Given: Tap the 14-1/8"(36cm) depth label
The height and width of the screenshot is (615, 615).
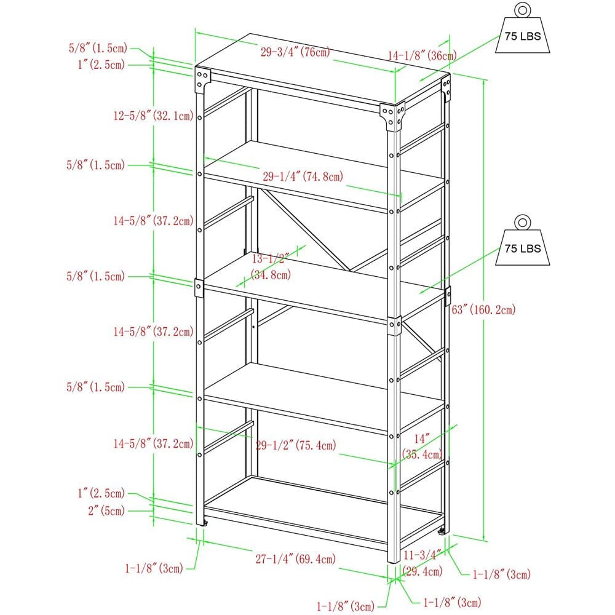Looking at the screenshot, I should pos(422,56).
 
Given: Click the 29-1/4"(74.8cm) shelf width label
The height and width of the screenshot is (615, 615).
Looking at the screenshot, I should pos(303,177).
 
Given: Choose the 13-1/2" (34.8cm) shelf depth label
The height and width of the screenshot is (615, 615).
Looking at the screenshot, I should pos(271,267).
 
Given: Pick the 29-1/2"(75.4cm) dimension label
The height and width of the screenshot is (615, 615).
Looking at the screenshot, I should pos(296,445).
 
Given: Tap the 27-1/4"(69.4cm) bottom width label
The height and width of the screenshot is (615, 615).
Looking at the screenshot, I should pos(296,559).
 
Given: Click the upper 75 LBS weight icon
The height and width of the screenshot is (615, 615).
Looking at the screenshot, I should pos(522,31).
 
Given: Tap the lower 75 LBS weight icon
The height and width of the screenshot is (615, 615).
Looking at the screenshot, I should pos(522,244).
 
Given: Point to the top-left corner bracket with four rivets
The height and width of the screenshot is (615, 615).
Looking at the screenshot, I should pos(202,78).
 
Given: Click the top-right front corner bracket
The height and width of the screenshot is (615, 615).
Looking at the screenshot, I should pos(392,115).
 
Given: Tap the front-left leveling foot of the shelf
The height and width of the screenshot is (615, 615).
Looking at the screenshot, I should pos(205,523).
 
